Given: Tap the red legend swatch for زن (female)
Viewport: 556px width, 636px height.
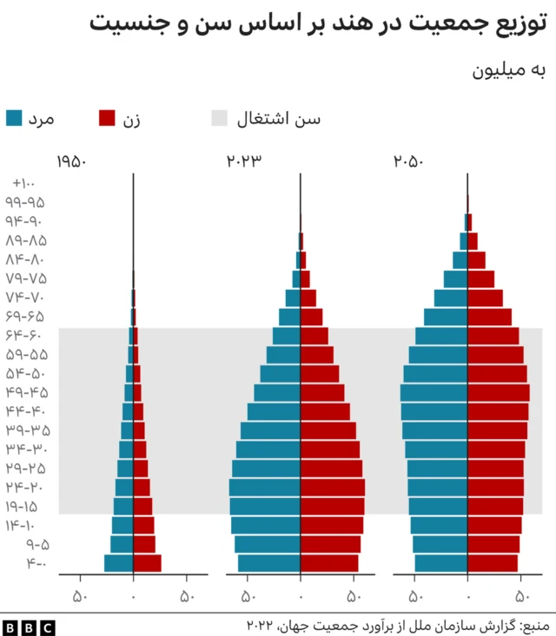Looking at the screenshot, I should [x=108, y=119].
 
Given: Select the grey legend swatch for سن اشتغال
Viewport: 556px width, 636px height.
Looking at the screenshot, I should [x=221, y=119].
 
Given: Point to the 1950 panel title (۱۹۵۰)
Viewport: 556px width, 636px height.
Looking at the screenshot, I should [x=71, y=162].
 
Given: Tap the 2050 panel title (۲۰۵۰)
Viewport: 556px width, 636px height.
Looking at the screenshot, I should [x=410, y=162].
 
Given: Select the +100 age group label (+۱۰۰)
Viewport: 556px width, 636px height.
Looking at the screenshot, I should [x=23, y=183].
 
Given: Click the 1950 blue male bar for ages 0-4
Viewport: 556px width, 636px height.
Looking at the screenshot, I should [x=118, y=563].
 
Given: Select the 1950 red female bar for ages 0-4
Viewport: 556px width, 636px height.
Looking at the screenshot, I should [x=147, y=563].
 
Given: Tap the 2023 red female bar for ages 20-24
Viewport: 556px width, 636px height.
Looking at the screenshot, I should [x=332, y=487].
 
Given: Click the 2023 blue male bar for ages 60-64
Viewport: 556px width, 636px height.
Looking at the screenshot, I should [x=287, y=336].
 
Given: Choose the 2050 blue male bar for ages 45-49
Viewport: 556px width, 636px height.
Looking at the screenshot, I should [x=434, y=392].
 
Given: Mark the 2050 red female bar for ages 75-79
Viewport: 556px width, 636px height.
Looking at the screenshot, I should [x=480, y=279].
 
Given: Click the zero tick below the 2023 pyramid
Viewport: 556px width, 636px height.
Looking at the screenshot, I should [x=301, y=596].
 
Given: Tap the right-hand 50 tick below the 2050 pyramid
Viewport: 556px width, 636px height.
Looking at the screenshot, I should [x=522, y=596].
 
